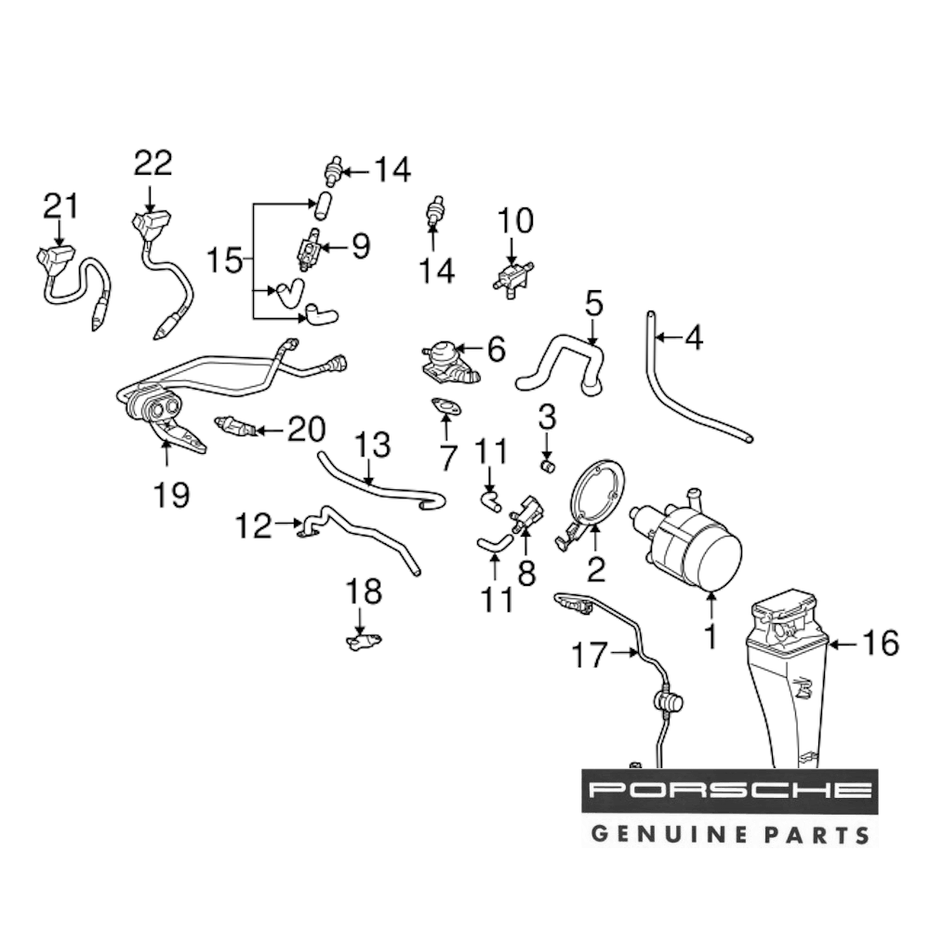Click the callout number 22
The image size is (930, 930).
coord(153,164)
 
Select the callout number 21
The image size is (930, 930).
coord(62,206)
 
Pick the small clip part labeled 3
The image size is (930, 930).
coord(548,463)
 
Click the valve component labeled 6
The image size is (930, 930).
coord(448,363)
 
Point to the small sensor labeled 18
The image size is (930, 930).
coord(363,641)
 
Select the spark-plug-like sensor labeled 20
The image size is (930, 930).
coord(236,428)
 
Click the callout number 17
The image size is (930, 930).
coord(588,657)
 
